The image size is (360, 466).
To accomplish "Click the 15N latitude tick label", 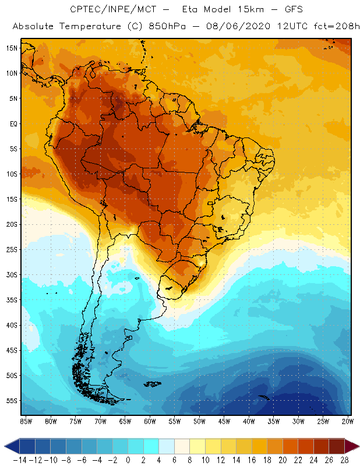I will tap(12, 48).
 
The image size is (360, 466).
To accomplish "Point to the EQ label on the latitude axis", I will tap(12, 123).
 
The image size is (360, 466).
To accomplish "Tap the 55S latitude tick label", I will tap(12, 400).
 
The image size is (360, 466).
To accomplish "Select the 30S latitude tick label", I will tap(12, 274).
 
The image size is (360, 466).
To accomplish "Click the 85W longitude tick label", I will tap(26, 421).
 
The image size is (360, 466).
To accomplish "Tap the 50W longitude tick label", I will tap(199, 421).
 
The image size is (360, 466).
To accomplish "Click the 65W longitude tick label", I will tap(125, 421).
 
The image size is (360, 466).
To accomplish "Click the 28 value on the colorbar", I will tap(344, 460).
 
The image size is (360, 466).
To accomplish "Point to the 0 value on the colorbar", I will tap(128, 460).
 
